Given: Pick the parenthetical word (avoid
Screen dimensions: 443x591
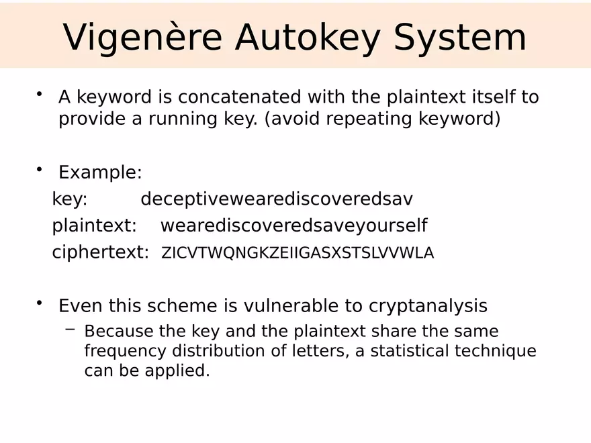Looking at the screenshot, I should tap(293, 119).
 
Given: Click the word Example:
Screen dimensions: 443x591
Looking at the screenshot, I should tap(100, 173).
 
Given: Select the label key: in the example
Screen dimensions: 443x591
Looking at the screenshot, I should tap(70, 199).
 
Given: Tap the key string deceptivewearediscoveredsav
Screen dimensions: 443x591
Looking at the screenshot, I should tap(277, 199).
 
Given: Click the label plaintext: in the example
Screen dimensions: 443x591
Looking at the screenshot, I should tap(94, 226).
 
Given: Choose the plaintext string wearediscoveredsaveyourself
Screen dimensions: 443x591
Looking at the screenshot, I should tap(293, 226).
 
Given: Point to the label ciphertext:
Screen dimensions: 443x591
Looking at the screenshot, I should tap(100, 252).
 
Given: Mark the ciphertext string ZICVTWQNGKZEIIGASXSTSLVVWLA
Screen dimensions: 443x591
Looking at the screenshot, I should tap(298, 253).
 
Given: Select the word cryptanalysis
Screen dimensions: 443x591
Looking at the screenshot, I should tap(428, 306).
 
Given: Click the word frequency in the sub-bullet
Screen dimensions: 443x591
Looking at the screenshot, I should tap(126, 351).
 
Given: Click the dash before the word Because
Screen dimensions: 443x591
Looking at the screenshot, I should tap(71, 330).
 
